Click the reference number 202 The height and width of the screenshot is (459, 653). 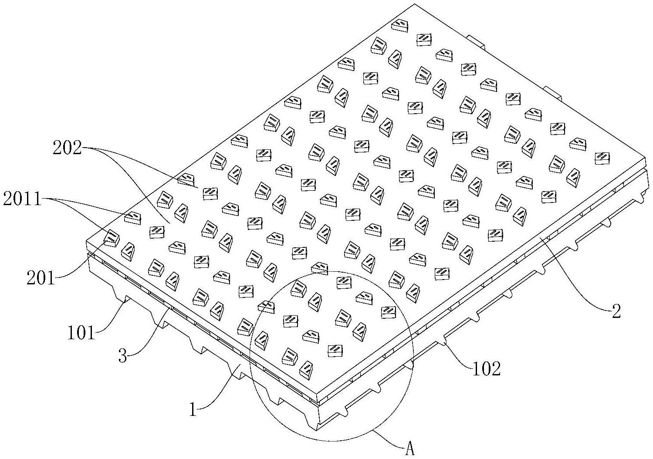click(x=67, y=149)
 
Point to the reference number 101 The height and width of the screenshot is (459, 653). click(x=81, y=333)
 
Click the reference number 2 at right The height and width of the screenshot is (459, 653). click(x=616, y=311)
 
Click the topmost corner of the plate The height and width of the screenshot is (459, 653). click(x=413, y=4)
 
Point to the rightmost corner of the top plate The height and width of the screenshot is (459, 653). click(x=646, y=155)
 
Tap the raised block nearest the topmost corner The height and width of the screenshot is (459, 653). click(x=399, y=25)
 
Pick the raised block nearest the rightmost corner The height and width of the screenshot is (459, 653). click(x=602, y=158)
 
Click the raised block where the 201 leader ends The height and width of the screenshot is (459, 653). click(x=111, y=238)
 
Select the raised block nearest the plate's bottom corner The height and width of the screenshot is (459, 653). click(x=306, y=368)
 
